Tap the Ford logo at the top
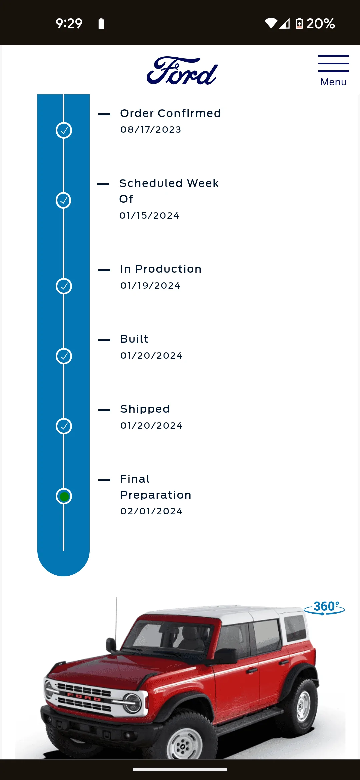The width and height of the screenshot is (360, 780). pos(182,71)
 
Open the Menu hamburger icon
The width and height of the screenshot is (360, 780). pos(333,63)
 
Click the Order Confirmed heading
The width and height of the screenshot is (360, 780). pos(170,113)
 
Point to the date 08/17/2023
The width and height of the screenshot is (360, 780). pos(151,129)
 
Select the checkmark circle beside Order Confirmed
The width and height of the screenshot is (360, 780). pos(64,130)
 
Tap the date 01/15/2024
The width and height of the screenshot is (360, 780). pos(149,216)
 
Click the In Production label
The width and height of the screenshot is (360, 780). pos(161,269)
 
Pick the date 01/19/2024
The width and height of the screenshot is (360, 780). pos(150,286)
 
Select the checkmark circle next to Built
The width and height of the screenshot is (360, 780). pos(64,356)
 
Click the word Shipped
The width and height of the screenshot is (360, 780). pos(145,409)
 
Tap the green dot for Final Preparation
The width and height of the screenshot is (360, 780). pos(64,496)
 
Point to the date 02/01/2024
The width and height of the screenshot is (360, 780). pos(151,511)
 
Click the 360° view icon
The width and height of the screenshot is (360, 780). pos(324,608)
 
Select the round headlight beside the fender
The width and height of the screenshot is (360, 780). pos(132,702)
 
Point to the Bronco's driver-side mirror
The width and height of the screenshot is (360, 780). pos(226,655)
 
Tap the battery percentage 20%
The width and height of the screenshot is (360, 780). pos(321,24)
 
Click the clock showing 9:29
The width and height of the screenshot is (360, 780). pos(69,24)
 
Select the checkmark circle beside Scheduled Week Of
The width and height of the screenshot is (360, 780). pos(63,200)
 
